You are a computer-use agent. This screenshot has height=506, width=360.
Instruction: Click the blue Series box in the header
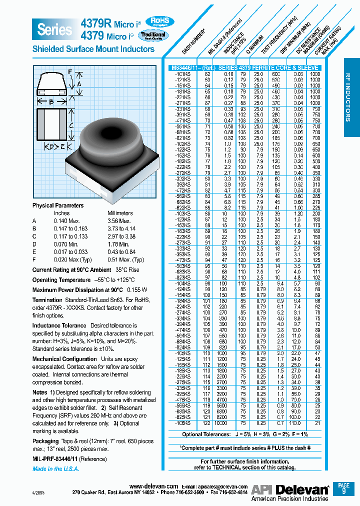click(54, 29)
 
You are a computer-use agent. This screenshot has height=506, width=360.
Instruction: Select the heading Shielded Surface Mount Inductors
click(93, 49)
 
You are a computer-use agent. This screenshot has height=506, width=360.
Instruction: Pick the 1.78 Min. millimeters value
click(119, 244)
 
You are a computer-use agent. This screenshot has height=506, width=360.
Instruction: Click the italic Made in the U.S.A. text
click(55, 469)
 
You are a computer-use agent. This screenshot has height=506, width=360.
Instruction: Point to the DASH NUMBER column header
click(196, 44)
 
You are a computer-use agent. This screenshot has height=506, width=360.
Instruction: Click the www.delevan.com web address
click(153, 486)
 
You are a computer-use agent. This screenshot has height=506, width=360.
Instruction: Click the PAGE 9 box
click(343, 488)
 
